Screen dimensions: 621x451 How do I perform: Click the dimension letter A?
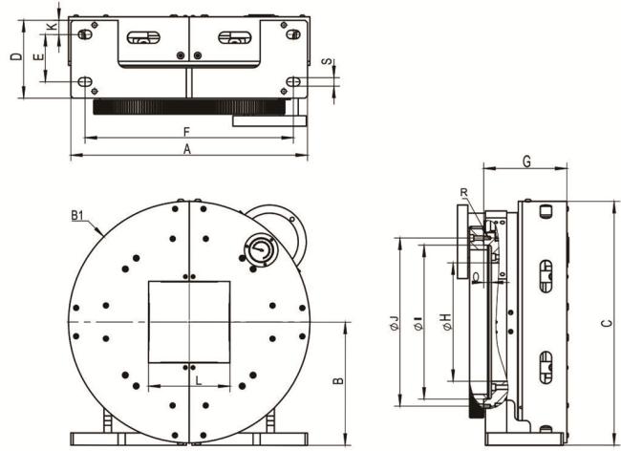(x=187, y=149)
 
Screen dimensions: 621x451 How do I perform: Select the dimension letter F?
(x=187, y=132)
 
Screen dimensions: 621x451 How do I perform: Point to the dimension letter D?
(x=16, y=56)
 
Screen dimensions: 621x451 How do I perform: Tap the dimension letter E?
(x=38, y=57)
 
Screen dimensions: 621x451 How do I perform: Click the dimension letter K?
(x=52, y=27)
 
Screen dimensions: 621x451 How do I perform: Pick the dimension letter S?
(x=327, y=61)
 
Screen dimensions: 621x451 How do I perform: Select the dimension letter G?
(x=526, y=161)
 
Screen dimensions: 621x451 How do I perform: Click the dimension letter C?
(x=607, y=323)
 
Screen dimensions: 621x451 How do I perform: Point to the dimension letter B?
(x=338, y=380)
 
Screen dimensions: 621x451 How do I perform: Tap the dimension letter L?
(x=199, y=380)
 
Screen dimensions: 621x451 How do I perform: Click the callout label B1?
(x=77, y=216)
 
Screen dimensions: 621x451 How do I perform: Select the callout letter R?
(x=464, y=193)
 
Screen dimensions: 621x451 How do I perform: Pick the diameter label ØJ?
(x=394, y=323)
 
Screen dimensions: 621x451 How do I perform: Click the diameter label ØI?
(x=418, y=323)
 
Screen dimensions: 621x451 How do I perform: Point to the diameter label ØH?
(x=446, y=322)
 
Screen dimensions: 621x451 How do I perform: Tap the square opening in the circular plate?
(x=189, y=322)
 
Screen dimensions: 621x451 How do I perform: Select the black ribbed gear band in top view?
(x=189, y=106)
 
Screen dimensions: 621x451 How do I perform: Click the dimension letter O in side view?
(x=476, y=276)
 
